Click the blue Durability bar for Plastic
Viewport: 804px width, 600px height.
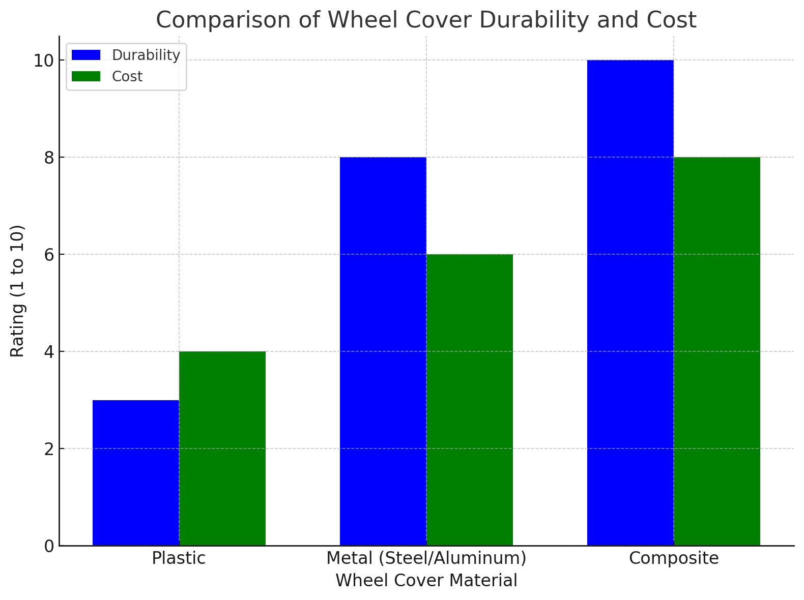pos(135,473)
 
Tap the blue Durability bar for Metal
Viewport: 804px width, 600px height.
pos(383,351)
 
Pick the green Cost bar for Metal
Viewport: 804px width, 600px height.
pos(469,400)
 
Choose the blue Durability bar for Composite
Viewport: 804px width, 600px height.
pos(630,303)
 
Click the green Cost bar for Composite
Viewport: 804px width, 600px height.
pos(716,351)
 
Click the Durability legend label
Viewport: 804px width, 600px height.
pos(146,55)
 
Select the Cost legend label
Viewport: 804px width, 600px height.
pos(127,77)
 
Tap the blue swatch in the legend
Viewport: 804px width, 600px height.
pos(86,55)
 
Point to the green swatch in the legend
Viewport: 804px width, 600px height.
pos(86,77)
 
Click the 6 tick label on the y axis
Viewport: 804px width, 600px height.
pos(49,255)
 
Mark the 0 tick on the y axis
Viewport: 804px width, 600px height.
pos(49,546)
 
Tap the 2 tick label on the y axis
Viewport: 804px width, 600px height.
pos(49,449)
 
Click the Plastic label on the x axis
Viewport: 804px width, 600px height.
pos(179,558)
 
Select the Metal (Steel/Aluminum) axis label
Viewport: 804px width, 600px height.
pos(426,558)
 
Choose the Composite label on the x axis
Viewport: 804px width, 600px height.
pos(674,558)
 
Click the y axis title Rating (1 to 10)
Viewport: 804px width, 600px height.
pos(18,291)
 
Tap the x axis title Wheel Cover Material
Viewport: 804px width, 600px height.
pos(426,581)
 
